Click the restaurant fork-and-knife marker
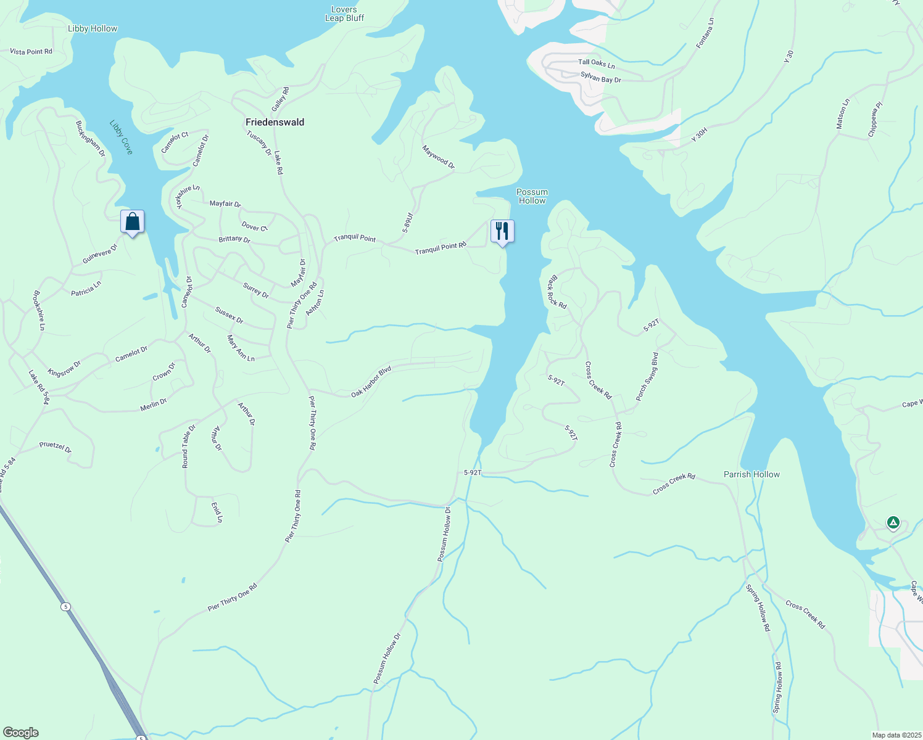(x=502, y=232)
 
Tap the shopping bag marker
(x=132, y=222)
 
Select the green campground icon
(x=893, y=523)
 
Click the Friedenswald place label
(x=275, y=122)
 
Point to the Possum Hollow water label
(x=532, y=196)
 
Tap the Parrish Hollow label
(x=751, y=474)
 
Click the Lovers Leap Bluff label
(x=344, y=14)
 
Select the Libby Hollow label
(x=93, y=28)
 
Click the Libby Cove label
(x=122, y=137)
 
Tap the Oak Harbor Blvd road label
(x=371, y=382)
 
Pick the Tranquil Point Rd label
(x=441, y=249)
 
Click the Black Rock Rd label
(x=557, y=292)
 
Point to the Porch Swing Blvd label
(x=647, y=377)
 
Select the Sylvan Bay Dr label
(x=600, y=76)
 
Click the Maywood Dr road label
(x=438, y=157)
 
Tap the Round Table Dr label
(x=188, y=446)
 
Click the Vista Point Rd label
(x=31, y=52)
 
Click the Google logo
(x=21, y=733)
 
